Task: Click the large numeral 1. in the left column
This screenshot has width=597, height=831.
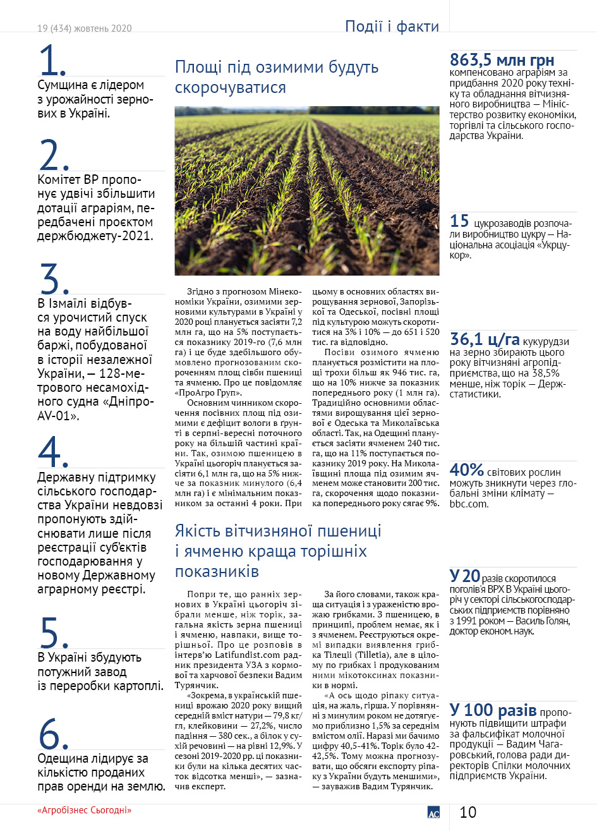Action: pyautogui.click(x=52, y=61)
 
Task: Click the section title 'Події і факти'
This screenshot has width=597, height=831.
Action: pyautogui.click(x=392, y=27)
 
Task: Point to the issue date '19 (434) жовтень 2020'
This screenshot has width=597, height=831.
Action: pyautogui.click(x=84, y=28)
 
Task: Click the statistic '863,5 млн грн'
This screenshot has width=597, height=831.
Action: pyautogui.click(x=502, y=61)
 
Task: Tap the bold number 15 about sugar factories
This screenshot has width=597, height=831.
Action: pyautogui.click(x=459, y=221)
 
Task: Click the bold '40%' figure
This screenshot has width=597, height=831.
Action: pyautogui.click(x=466, y=470)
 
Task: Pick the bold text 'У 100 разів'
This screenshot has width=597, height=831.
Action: pyautogui.click(x=493, y=709)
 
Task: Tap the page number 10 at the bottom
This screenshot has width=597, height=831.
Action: pyautogui.click(x=467, y=812)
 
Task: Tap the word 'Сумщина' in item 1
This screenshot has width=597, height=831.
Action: pyautogui.click(x=68, y=85)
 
